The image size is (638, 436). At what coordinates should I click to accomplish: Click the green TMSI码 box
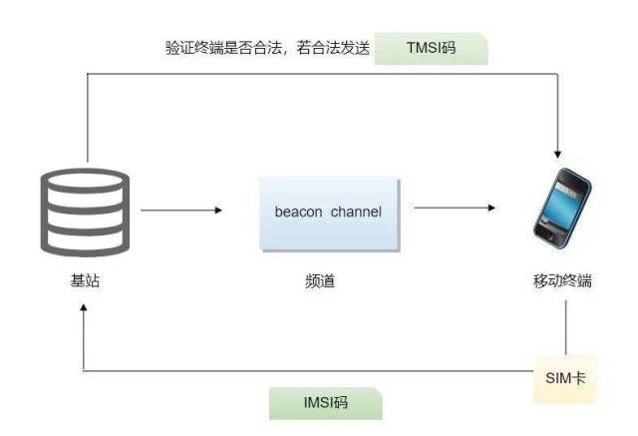pyautogui.click(x=431, y=49)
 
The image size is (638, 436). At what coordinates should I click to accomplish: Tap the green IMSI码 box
pyautogui.click(x=326, y=403)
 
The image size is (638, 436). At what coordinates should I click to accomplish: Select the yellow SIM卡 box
pyautogui.click(x=565, y=378)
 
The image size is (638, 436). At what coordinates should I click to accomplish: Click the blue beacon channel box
pyautogui.click(x=330, y=215)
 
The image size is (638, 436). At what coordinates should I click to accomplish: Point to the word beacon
pyautogui.click(x=298, y=212)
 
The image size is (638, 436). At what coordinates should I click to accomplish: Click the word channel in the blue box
pyautogui.click(x=356, y=212)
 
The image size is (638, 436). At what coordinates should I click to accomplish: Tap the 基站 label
pyautogui.click(x=85, y=280)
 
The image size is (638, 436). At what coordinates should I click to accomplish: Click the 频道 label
pyautogui.click(x=320, y=281)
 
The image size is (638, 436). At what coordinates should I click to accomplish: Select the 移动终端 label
pyautogui.click(x=562, y=281)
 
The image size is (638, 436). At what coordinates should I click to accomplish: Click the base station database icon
pyautogui.click(x=85, y=213)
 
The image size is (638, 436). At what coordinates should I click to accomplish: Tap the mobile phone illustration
pyautogui.click(x=562, y=208)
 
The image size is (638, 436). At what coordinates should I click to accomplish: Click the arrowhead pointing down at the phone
pyautogui.click(x=557, y=155)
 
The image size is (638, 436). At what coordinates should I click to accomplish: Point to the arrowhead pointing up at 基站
pyautogui.click(x=84, y=308)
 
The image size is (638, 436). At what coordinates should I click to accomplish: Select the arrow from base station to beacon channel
pyautogui.click(x=181, y=211)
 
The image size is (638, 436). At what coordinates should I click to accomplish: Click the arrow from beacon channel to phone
pyautogui.click(x=455, y=208)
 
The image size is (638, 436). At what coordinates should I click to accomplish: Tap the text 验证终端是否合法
pyautogui.click(x=223, y=48)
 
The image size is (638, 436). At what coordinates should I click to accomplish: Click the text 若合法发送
pyautogui.click(x=333, y=48)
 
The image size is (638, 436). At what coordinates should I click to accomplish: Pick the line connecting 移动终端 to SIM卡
pyautogui.click(x=565, y=328)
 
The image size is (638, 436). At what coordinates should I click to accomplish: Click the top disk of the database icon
pyautogui.click(x=85, y=181)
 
